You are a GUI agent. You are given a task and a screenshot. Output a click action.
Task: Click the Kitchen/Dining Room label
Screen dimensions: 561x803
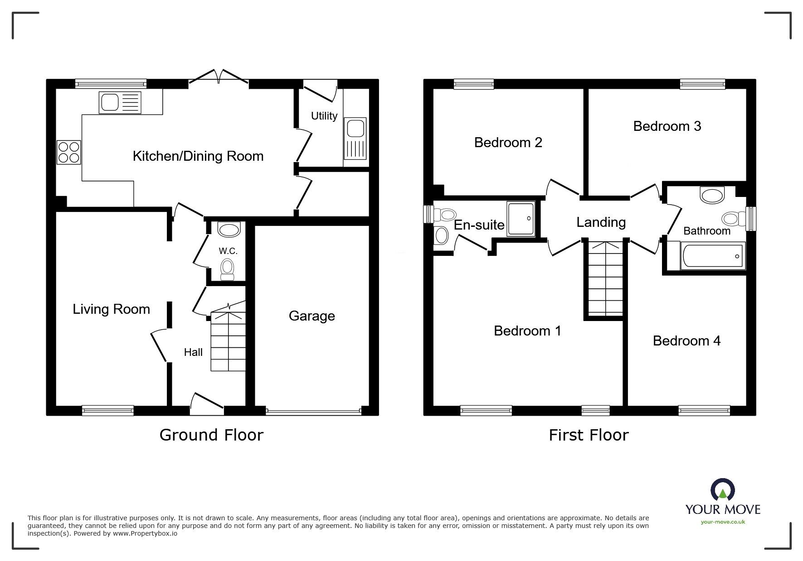tap(198, 156)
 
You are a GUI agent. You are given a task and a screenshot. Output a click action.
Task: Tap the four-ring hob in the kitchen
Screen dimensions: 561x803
tap(69, 152)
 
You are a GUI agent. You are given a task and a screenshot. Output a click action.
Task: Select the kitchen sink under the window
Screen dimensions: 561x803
tap(120, 102)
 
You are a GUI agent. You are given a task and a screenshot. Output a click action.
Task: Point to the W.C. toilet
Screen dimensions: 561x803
tap(227, 269)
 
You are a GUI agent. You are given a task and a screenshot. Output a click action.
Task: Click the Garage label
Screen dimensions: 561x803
tap(311, 316)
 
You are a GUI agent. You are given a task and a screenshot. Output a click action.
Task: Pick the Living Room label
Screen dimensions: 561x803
tap(111, 309)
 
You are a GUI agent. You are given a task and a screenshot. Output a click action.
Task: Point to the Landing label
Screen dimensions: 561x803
tap(601, 222)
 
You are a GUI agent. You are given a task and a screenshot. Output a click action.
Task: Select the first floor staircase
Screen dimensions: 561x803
tap(605, 279)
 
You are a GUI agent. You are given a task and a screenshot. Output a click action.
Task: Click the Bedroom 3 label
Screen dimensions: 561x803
tap(667, 126)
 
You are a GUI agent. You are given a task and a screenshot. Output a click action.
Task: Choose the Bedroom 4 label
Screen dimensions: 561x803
tap(686, 340)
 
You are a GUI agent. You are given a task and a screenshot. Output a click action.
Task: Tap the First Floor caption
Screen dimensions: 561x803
tap(588, 435)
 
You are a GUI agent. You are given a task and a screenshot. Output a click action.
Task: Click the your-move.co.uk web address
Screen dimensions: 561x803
tap(723, 522)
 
